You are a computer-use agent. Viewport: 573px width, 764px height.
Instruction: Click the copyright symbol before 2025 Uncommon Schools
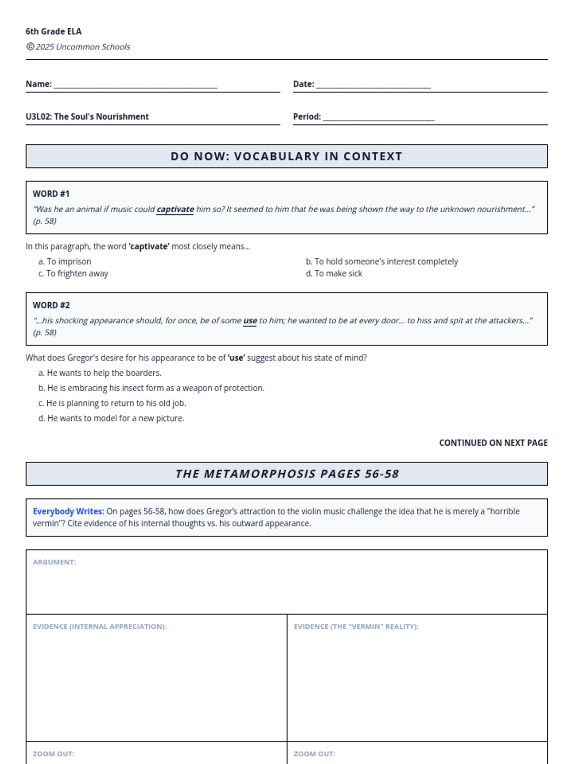click(x=30, y=46)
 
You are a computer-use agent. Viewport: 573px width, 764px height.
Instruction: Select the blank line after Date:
click(x=373, y=86)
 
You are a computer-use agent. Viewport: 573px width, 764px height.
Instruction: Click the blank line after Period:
click(x=378, y=118)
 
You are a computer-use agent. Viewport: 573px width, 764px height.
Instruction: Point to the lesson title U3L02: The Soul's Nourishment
click(x=87, y=117)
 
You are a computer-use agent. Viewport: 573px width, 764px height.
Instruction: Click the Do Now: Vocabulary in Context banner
click(x=286, y=156)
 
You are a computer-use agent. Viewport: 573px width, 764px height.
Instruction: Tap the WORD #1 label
click(x=51, y=194)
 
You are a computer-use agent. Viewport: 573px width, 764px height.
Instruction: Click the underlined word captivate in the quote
click(x=175, y=209)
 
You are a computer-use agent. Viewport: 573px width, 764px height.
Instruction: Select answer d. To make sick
click(x=334, y=273)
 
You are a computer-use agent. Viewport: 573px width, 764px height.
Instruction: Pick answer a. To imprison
click(x=64, y=261)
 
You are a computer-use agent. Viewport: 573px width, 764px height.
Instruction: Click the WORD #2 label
click(x=51, y=305)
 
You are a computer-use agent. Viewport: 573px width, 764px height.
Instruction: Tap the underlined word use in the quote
click(x=250, y=320)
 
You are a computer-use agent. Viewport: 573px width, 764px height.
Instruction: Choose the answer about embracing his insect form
click(x=151, y=388)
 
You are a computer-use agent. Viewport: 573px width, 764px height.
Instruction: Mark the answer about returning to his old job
click(x=112, y=403)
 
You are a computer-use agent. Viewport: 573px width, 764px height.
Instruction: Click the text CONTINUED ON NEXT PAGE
click(x=493, y=443)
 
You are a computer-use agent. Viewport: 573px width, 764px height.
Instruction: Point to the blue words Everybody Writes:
click(x=68, y=511)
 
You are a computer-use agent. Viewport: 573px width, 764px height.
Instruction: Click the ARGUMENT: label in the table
click(x=54, y=562)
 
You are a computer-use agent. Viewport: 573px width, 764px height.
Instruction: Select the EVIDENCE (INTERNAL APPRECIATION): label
click(x=99, y=626)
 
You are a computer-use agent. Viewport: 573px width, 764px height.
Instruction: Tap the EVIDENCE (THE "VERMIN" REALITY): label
click(x=356, y=626)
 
